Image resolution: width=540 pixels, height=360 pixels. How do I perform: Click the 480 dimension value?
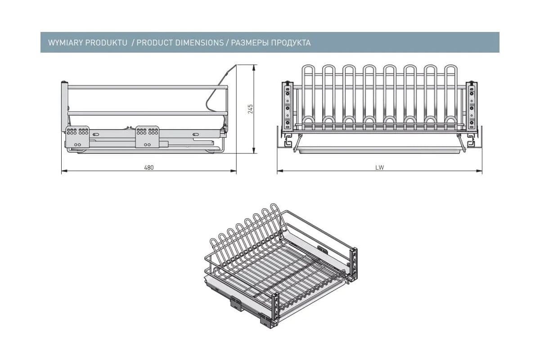pyautogui.click(x=149, y=167)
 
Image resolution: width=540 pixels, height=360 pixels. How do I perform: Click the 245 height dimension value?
pyautogui.click(x=251, y=109)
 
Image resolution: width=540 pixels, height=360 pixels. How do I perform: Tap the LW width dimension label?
pyautogui.click(x=379, y=167)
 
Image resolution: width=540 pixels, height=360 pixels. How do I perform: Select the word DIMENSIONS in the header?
pyautogui.click(x=200, y=43)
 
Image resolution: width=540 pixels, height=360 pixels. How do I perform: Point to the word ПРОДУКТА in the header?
pyautogui.click(x=291, y=43)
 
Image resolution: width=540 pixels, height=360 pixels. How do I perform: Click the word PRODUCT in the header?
pyautogui.click(x=155, y=43)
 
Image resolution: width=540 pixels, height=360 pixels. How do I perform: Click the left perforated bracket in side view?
pyautogui.click(x=77, y=137)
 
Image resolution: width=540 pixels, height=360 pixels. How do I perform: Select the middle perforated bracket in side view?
pyautogui.click(x=147, y=137)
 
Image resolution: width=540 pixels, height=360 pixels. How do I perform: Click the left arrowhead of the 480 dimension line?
pyautogui.click(x=64, y=171)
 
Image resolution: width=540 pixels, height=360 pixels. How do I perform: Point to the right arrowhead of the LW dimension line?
pyautogui.click(x=479, y=171)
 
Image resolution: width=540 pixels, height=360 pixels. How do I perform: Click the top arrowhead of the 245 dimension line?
pyautogui.click(x=254, y=67)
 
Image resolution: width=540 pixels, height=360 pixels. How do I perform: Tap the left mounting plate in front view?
pyautogui.click(x=288, y=107)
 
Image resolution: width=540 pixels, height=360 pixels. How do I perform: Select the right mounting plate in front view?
pyautogui.click(x=472, y=107)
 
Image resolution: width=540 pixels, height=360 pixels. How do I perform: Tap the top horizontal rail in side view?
pyautogui.click(x=148, y=87)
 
